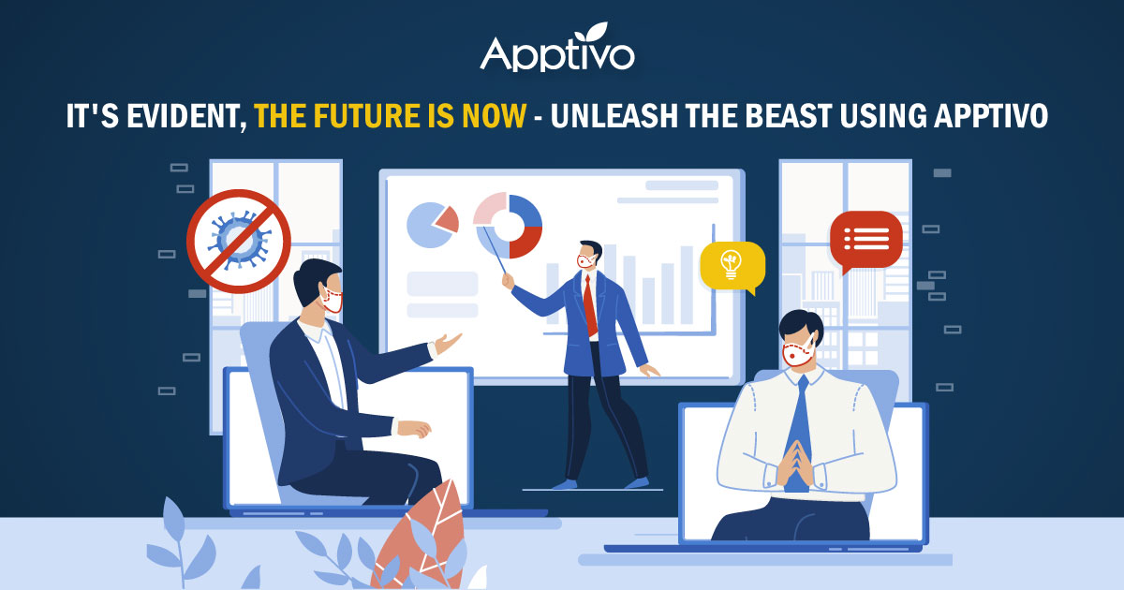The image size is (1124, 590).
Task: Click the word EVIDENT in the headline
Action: [x=188, y=117]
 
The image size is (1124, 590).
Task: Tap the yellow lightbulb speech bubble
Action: [x=732, y=264]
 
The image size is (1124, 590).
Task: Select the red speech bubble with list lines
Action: [x=865, y=240]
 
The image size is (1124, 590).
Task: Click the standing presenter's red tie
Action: [x=590, y=304]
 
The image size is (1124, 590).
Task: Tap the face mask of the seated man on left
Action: [x=333, y=300]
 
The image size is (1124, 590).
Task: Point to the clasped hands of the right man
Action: [x=795, y=459]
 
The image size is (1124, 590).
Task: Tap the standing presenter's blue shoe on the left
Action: [x=564, y=483]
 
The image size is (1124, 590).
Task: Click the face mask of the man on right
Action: [x=797, y=354]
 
